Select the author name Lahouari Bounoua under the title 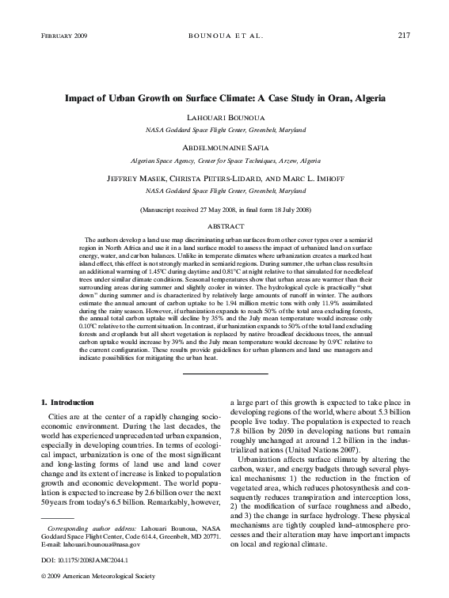(225, 116)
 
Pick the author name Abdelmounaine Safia (225, 147)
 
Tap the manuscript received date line (225, 210)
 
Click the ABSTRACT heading (225, 225)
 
